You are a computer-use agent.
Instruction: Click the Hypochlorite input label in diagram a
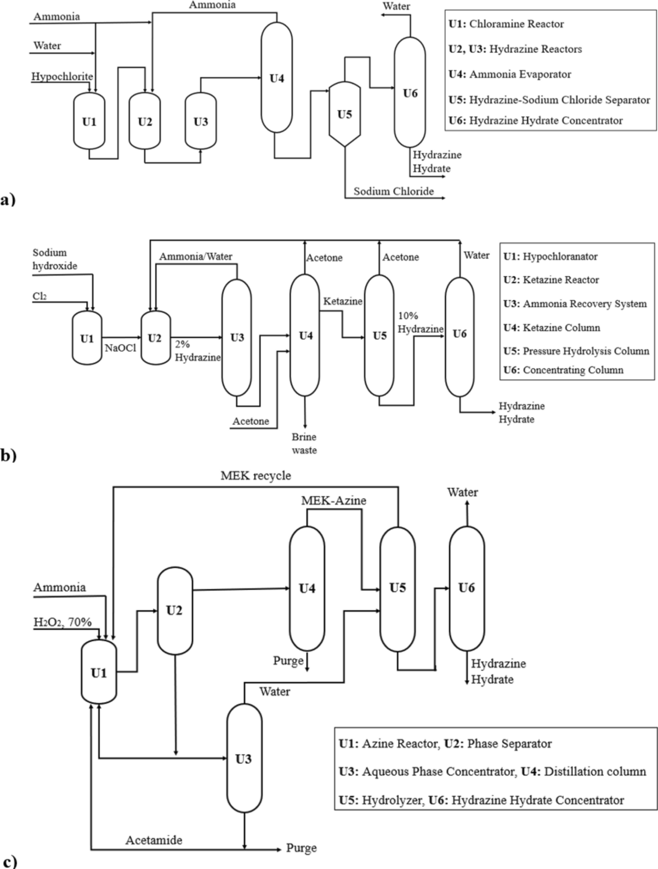click(x=62, y=76)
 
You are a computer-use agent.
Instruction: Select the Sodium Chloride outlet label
click(x=393, y=191)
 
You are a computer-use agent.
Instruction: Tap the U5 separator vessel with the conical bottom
click(x=344, y=114)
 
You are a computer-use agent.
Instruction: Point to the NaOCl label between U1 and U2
click(x=121, y=347)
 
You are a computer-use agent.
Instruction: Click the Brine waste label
click(x=304, y=444)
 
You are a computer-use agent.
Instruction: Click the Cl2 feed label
click(x=39, y=296)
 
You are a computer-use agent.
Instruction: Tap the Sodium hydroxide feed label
click(x=55, y=259)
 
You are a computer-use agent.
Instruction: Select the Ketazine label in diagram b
click(x=343, y=301)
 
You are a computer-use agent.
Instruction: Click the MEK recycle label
click(x=256, y=475)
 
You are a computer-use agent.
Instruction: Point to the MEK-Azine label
click(x=333, y=500)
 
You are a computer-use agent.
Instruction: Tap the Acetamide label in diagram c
click(x=154, y=840)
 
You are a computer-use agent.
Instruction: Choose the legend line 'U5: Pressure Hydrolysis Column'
click(x=576, y=351)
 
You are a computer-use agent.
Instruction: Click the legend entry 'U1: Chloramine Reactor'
click(x=506, y=24)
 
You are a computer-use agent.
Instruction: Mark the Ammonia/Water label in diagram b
click(x=196, y=256)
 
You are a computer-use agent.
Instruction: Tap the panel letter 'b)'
click(x=8, y=455)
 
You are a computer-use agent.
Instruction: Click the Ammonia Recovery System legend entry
click(x=575, y=304)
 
